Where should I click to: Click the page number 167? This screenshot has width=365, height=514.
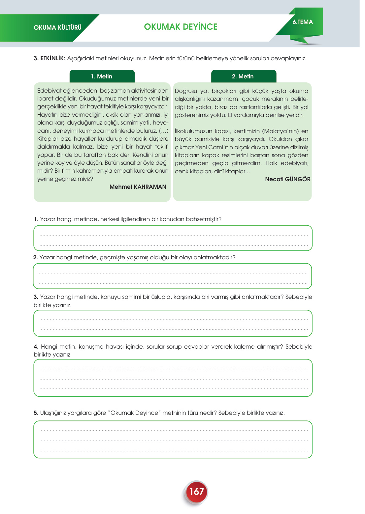point(196,492)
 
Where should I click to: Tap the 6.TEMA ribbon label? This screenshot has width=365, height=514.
point(302,22)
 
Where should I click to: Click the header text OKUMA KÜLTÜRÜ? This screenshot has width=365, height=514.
point(57,28)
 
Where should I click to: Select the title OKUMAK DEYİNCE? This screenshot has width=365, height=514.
point(181,27)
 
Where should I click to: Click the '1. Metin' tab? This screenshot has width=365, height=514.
point(102,76)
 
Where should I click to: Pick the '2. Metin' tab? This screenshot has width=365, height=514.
point(243,76)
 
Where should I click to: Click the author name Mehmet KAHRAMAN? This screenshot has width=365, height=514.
point(138,187)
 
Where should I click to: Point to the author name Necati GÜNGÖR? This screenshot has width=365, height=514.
point(287,179)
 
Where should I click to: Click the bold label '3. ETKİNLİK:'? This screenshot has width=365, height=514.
point(50,58)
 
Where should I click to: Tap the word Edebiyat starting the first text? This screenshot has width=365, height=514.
point(49,91)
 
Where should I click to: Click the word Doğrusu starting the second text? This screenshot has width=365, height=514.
point(186,91)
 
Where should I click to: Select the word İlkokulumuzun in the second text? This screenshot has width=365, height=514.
point(193,131)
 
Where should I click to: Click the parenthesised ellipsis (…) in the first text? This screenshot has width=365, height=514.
point(163,131)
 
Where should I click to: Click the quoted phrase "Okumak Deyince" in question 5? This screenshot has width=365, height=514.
point(134,413)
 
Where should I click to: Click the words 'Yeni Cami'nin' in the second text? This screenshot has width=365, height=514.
point(210,147)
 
